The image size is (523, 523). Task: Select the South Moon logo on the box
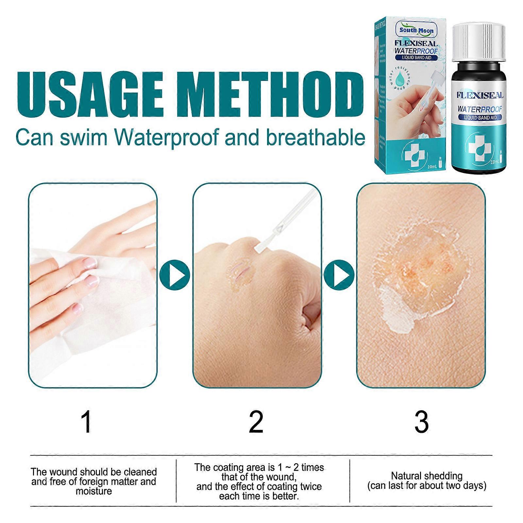pyautogui.click(x=416, y=31)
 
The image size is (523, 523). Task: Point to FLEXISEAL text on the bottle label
pyautogui.click(x=480, y=95)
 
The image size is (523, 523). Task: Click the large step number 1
pyautogui.click(x=87, y=423)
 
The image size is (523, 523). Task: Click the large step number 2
pyautogui.click(x=256, y=423)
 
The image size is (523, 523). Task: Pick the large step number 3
pyautogui.click(x=421, y=423)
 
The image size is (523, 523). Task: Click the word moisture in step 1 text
pyautogui.click(x=94, y=491)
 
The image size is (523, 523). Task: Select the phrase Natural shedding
pyautogui.click(x=427, y=476)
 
